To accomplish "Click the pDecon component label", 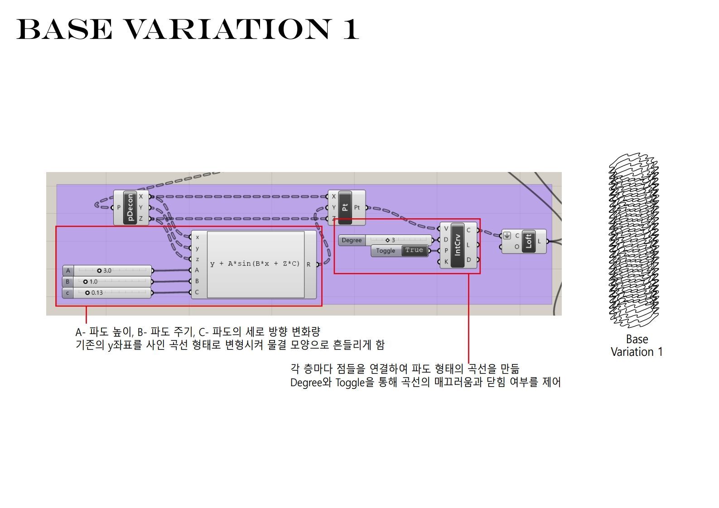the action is point(130,207).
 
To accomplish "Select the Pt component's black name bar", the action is point(345,207).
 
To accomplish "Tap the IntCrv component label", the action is point(458,245).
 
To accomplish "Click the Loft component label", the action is point(529,241).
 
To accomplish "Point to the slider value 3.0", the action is point(107,271).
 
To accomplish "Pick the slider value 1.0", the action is point(93,282).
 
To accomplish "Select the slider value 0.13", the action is point(97,293).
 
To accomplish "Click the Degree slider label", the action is point(352,240).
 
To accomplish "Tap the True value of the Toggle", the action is point(414,250).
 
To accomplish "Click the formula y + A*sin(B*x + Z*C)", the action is point(255,264).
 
